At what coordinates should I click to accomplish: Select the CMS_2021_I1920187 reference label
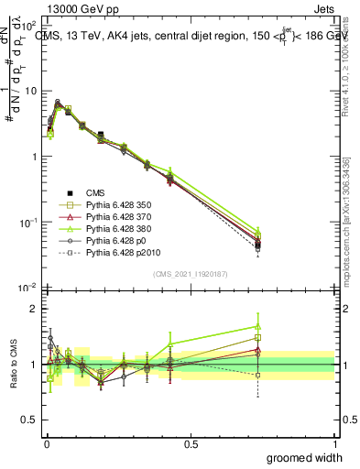[x=190, y=274]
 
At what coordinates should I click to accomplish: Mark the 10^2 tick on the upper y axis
[x=29, y=26]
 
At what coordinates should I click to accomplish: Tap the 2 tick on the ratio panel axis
[x=34, y=309]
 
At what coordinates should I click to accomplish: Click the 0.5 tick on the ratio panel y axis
[x=30, y=420]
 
